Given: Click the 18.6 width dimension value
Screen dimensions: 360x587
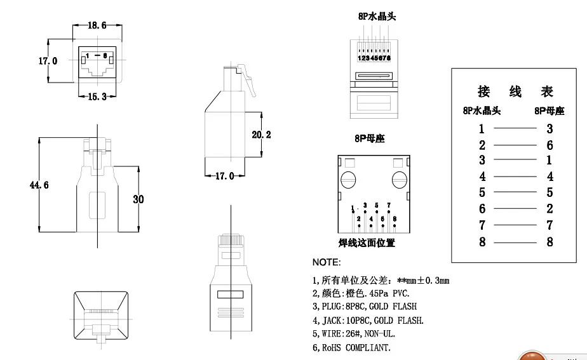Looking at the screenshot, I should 97,25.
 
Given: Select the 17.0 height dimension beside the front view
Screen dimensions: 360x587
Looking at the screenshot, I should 48,61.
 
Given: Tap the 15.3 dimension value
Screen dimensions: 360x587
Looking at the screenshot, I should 97,96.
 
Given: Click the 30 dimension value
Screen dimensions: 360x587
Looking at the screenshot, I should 138,199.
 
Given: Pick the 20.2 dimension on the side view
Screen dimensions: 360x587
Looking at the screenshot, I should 261,135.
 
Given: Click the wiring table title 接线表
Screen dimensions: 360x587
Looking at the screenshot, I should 515,91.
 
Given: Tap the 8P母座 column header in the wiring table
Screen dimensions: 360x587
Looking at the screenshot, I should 550,111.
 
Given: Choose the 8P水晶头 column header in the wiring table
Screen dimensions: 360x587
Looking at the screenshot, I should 482,111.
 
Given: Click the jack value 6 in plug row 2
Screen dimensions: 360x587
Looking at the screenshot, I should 550,145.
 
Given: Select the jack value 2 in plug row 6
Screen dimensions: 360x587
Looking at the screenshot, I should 550,209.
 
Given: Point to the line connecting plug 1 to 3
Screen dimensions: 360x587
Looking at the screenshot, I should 515,129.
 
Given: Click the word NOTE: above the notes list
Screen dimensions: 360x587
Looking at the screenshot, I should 327,262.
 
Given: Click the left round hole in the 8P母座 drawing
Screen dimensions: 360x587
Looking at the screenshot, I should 347,180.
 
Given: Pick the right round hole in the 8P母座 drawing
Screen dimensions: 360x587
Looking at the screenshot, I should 399,180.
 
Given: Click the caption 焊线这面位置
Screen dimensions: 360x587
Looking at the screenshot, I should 367,243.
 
